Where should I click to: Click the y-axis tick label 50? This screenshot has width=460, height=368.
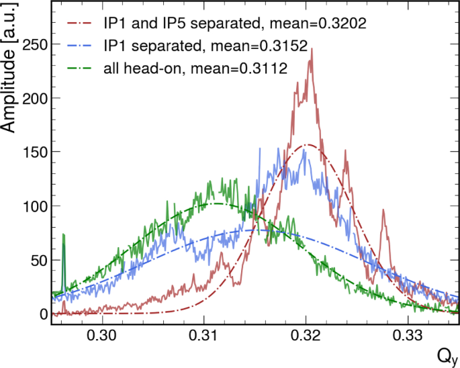pyautogui.click(x=37, y=260)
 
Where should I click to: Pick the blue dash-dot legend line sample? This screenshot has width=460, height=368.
pyautogui.click(x=79, y=46)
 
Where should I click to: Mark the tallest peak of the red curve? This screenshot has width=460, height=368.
pyautogui.click(x=312, y=59)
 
